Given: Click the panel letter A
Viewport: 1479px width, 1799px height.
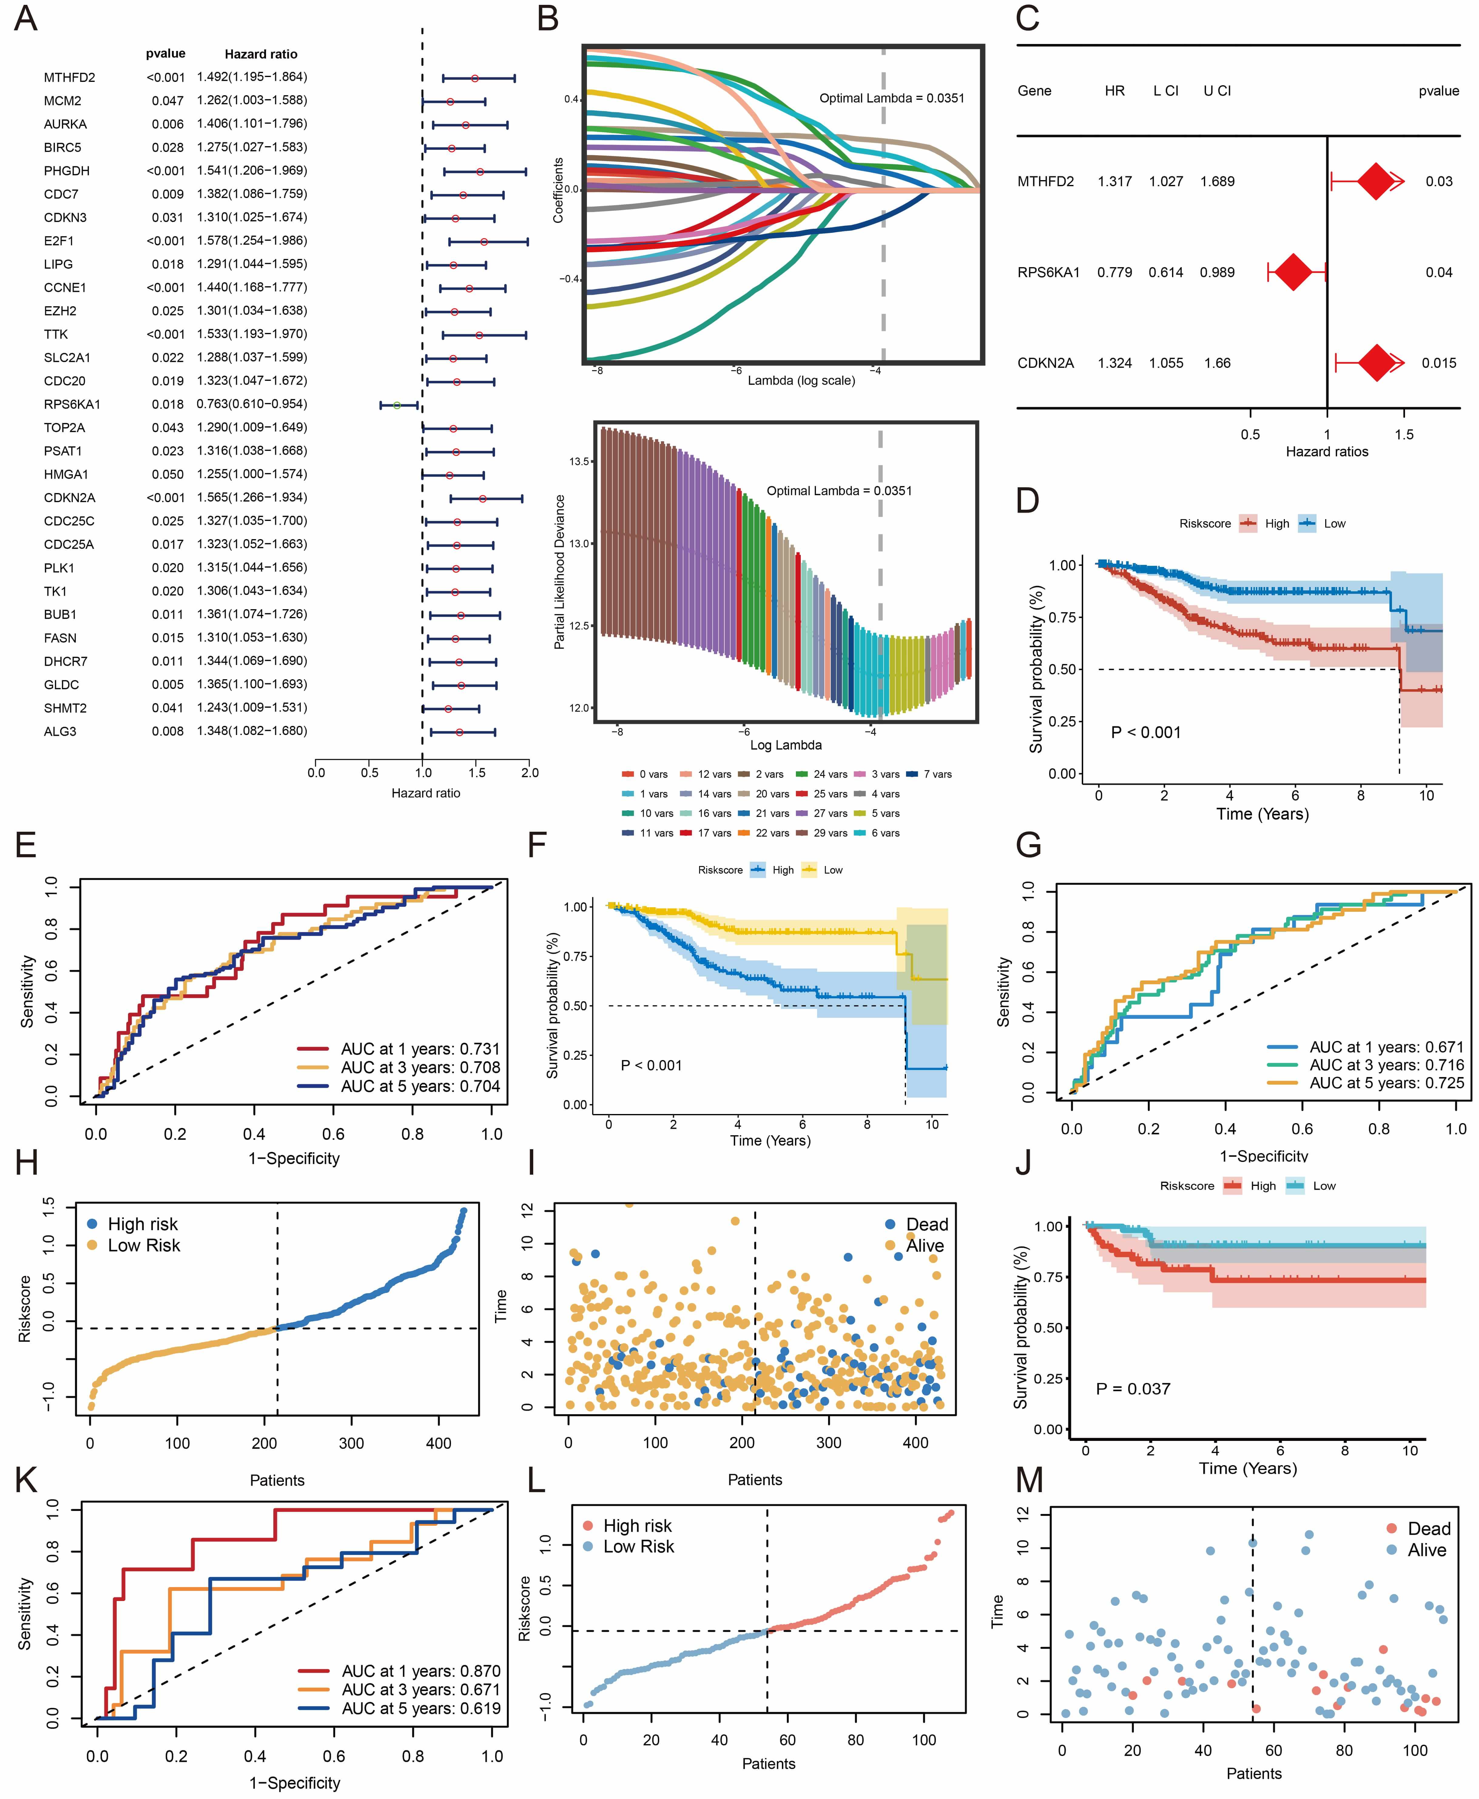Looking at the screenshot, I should click(x=25, y=19).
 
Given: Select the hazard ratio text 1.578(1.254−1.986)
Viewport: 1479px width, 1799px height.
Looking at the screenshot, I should click(x=252, y=240).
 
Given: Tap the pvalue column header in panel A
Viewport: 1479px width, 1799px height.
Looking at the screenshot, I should click(x=165, y=54).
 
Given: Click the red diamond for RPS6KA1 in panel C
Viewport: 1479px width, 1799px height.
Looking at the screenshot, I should click(x=1293, y=273).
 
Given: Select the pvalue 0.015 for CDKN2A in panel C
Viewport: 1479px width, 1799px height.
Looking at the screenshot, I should click(x=1438, y=363).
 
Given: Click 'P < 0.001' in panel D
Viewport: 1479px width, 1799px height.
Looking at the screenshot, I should click(x=1146, y=733).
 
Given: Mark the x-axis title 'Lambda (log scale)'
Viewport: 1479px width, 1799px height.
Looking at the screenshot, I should click(x=801, y=381).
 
